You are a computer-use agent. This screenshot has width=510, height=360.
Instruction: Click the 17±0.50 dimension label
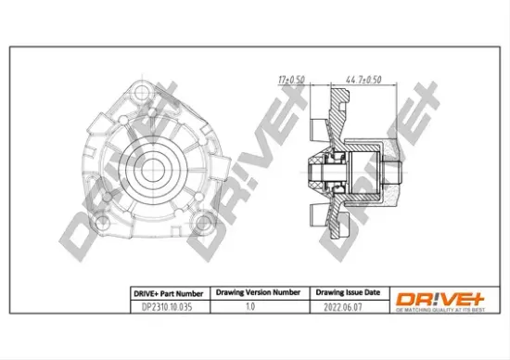tap(293, 80)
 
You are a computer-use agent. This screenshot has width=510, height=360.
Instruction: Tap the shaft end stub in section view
tap(395, 171)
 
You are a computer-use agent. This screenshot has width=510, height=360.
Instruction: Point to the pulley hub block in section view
tap(365, 171)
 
